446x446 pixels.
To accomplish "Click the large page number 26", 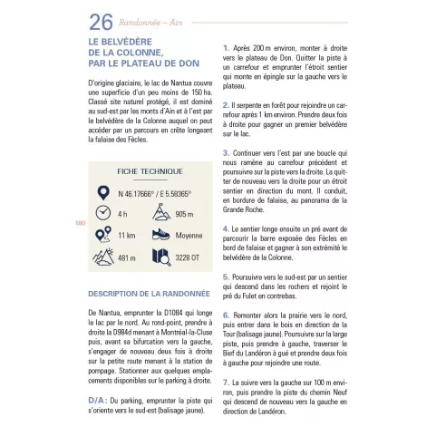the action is pos(101,23).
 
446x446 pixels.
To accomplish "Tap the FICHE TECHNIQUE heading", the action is pos(150,171).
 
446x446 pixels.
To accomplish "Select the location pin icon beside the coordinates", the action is pos(103,193).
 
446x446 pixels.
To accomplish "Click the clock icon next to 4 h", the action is pos(103,213).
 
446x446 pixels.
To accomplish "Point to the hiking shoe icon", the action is pos(161,235).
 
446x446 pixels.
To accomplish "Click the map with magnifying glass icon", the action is pos(161,257).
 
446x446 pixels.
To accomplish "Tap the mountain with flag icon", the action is pos(161,212).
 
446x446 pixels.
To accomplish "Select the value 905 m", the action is pos(184,214).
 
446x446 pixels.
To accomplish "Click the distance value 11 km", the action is pos(127,236).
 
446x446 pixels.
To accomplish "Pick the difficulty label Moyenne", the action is pos(189,236).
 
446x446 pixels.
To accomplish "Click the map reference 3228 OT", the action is pos(188,257).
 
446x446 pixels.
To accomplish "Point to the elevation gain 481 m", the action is pos(127,258).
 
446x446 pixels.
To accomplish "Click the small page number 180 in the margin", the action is pos(80,223).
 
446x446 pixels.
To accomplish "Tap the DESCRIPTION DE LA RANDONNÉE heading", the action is pos(149,294).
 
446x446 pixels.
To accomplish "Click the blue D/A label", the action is pos(97,401).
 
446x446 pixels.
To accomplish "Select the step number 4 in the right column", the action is pos(226,229).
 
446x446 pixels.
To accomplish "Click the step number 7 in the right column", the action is pos(226,383).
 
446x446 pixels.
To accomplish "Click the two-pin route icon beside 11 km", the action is pos(103,235).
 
